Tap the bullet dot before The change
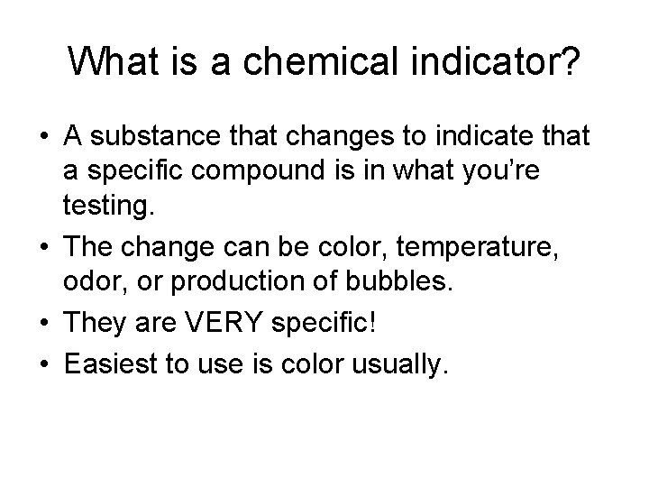tap(43, 243)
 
